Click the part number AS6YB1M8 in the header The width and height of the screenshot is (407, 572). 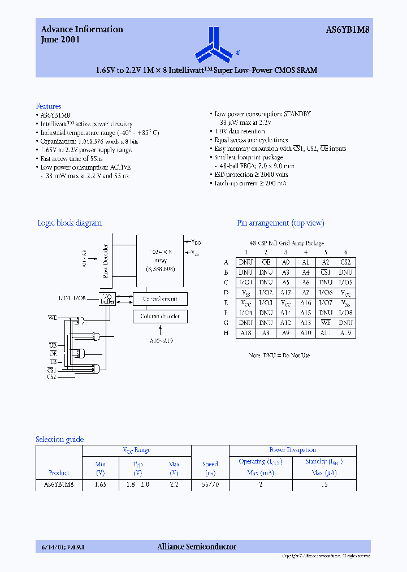pos(348,29)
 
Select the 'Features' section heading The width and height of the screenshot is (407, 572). pos(49,106)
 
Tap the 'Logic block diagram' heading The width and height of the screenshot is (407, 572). pos(70,223)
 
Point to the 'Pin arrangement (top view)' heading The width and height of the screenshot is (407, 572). pos(280,223)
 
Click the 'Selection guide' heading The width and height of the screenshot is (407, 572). pos(59,439)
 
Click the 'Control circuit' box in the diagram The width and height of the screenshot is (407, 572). pos(160,299)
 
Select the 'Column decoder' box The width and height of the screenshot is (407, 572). pos(160,317)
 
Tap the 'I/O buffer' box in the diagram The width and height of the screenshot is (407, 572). pos(107,299)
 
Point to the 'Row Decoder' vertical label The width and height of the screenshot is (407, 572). pos(106,261)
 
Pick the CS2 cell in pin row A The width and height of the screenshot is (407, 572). pos(345,262)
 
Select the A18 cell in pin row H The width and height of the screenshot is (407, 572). pos(246,333)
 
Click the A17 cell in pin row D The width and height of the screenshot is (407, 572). pos(285,292)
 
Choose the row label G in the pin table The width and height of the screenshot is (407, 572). pos(226,323)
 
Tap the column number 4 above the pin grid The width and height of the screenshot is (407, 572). pos(306,252)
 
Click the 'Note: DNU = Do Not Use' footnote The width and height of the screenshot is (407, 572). pos(279,355)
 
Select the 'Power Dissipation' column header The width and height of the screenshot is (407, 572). pos(292,450)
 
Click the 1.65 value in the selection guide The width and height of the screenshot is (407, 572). pos(99,484)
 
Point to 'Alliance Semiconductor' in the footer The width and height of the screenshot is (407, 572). pos(196,547)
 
